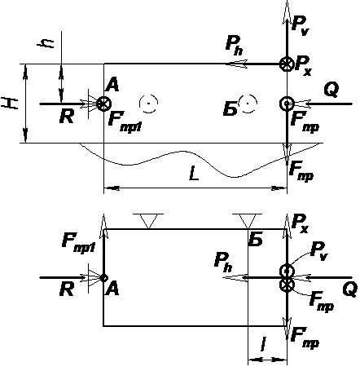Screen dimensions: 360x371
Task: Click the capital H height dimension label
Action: [10, 104]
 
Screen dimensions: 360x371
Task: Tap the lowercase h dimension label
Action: [46, 42]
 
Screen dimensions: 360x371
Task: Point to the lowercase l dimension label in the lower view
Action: [263, 344]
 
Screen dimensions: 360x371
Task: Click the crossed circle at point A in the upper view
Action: [104, 104]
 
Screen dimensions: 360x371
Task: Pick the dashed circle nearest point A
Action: [148, 104]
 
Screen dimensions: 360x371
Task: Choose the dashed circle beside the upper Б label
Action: [248, 104]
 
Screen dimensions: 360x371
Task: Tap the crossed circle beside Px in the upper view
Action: [287, 64]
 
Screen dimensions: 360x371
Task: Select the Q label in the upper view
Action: [331, 91]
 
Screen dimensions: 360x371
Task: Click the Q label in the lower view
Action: [350, 289]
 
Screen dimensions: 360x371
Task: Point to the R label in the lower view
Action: [67, 289]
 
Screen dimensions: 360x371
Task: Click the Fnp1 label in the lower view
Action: [78, 243]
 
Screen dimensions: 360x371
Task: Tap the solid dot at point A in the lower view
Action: [103, 278]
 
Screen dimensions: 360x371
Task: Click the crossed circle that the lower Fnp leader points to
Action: [287, 285]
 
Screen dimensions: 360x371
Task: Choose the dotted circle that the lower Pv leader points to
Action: [287, 271]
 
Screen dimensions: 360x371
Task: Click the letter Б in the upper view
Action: [230, 109]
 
